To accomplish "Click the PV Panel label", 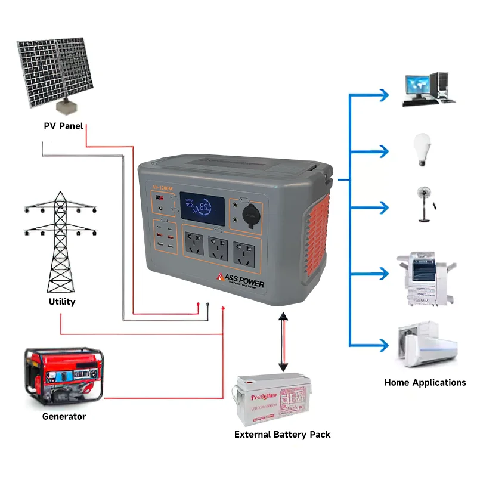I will coord(63,126).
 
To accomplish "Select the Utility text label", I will coord(62,302).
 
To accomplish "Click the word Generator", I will coord(64,417).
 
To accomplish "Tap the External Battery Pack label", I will coord(282,435).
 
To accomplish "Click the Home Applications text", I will coord(425,383).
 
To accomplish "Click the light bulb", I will coord(422,150).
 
